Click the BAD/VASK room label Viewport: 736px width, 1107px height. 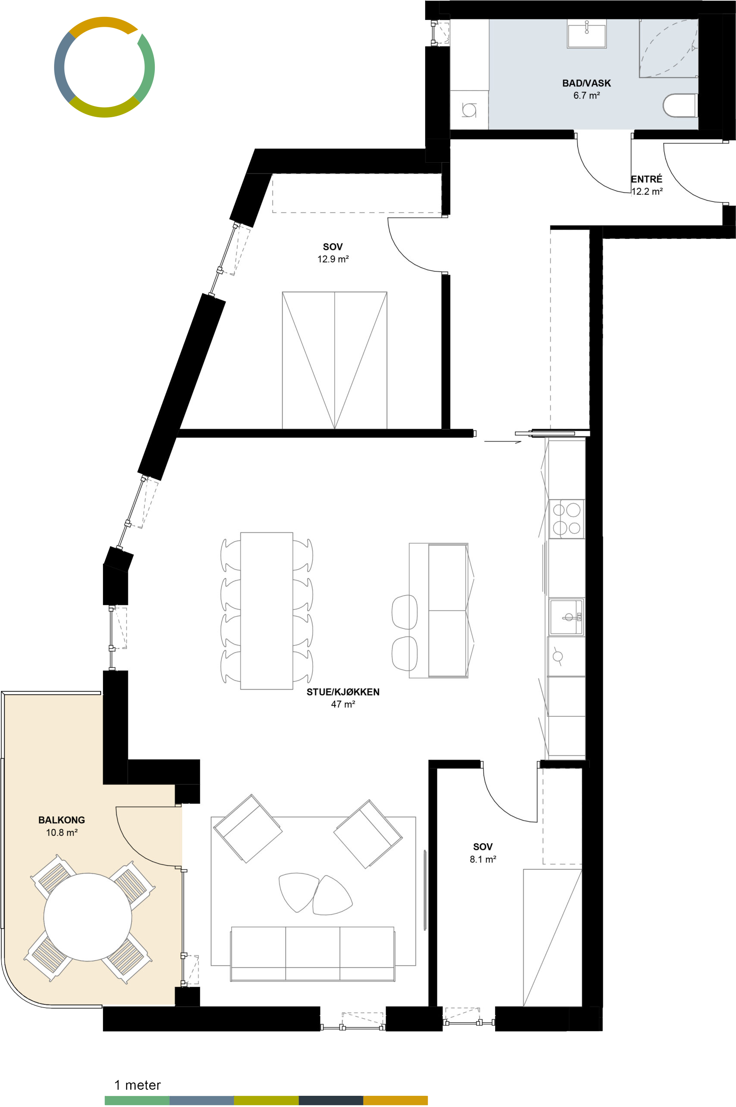[586, 83]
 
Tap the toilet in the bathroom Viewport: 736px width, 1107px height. [680, 106]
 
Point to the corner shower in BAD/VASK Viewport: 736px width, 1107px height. [669, 48]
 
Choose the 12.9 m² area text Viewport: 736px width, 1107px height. [333, 259]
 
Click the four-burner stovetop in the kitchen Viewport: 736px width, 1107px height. [566, 519]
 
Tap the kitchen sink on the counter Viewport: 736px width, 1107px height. [566, 616]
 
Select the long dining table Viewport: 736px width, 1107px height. [267, 610]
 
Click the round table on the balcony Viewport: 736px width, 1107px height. [88, 916]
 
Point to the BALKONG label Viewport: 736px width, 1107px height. [61, 820]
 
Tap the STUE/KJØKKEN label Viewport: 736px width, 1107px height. [342, 692]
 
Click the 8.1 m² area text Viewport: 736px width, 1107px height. [483, 859]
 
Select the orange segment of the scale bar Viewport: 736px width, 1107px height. [395, 1100]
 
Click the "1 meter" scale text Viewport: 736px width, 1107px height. [138, 1085]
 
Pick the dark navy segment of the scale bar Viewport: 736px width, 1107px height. [331, 1100]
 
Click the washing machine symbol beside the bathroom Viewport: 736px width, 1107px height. [469, 110]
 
